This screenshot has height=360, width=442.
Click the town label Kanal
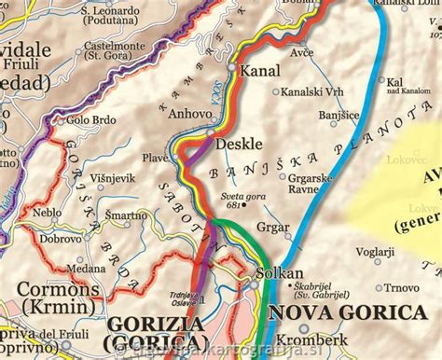point(260,71)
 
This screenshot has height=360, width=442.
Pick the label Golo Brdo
point(90,119)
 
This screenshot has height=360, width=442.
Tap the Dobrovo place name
point(62,239)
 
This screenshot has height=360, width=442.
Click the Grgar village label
point(272,227)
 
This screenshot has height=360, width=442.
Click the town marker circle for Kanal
point(233,68)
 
